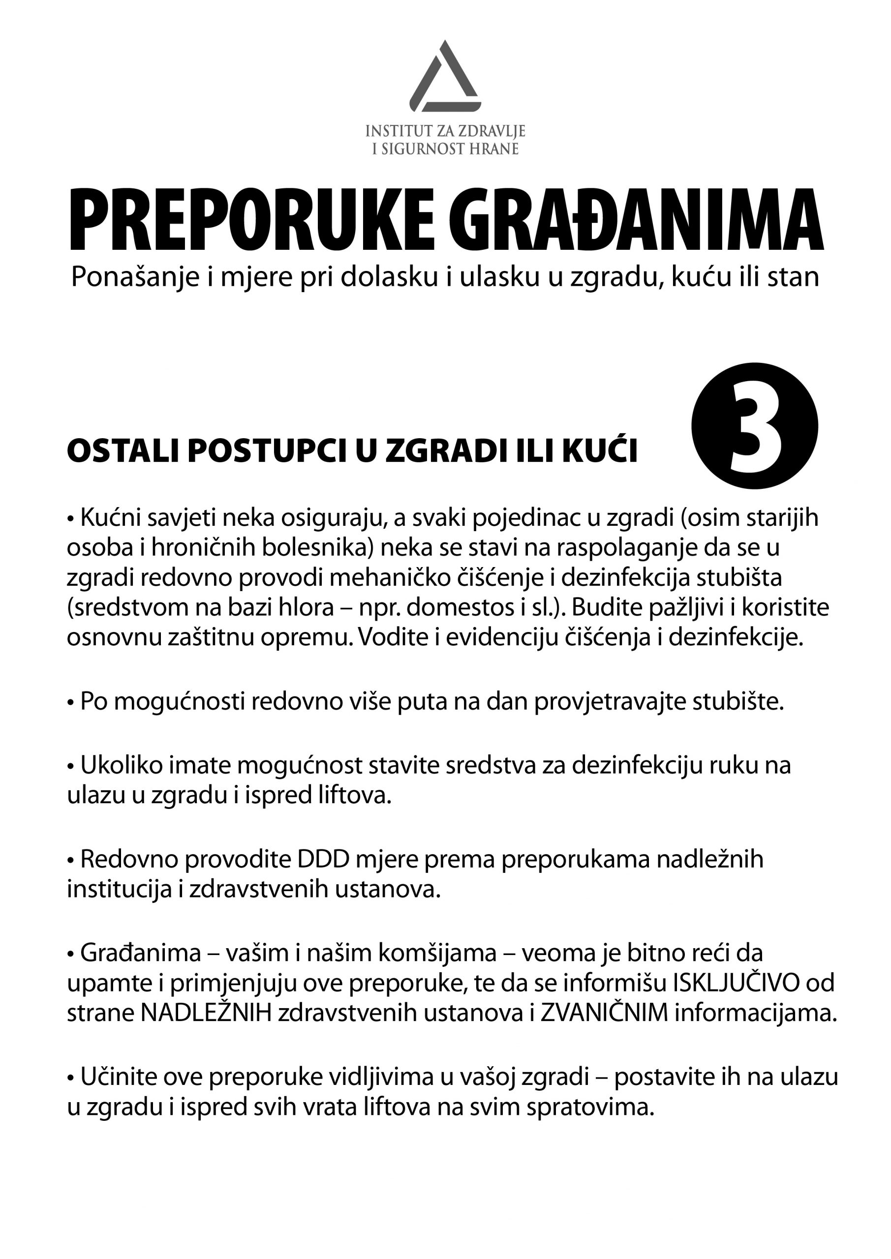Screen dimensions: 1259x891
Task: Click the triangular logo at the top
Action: click(x=445, y=77)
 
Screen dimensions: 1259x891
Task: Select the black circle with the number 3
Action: click(x=754, y=425)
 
